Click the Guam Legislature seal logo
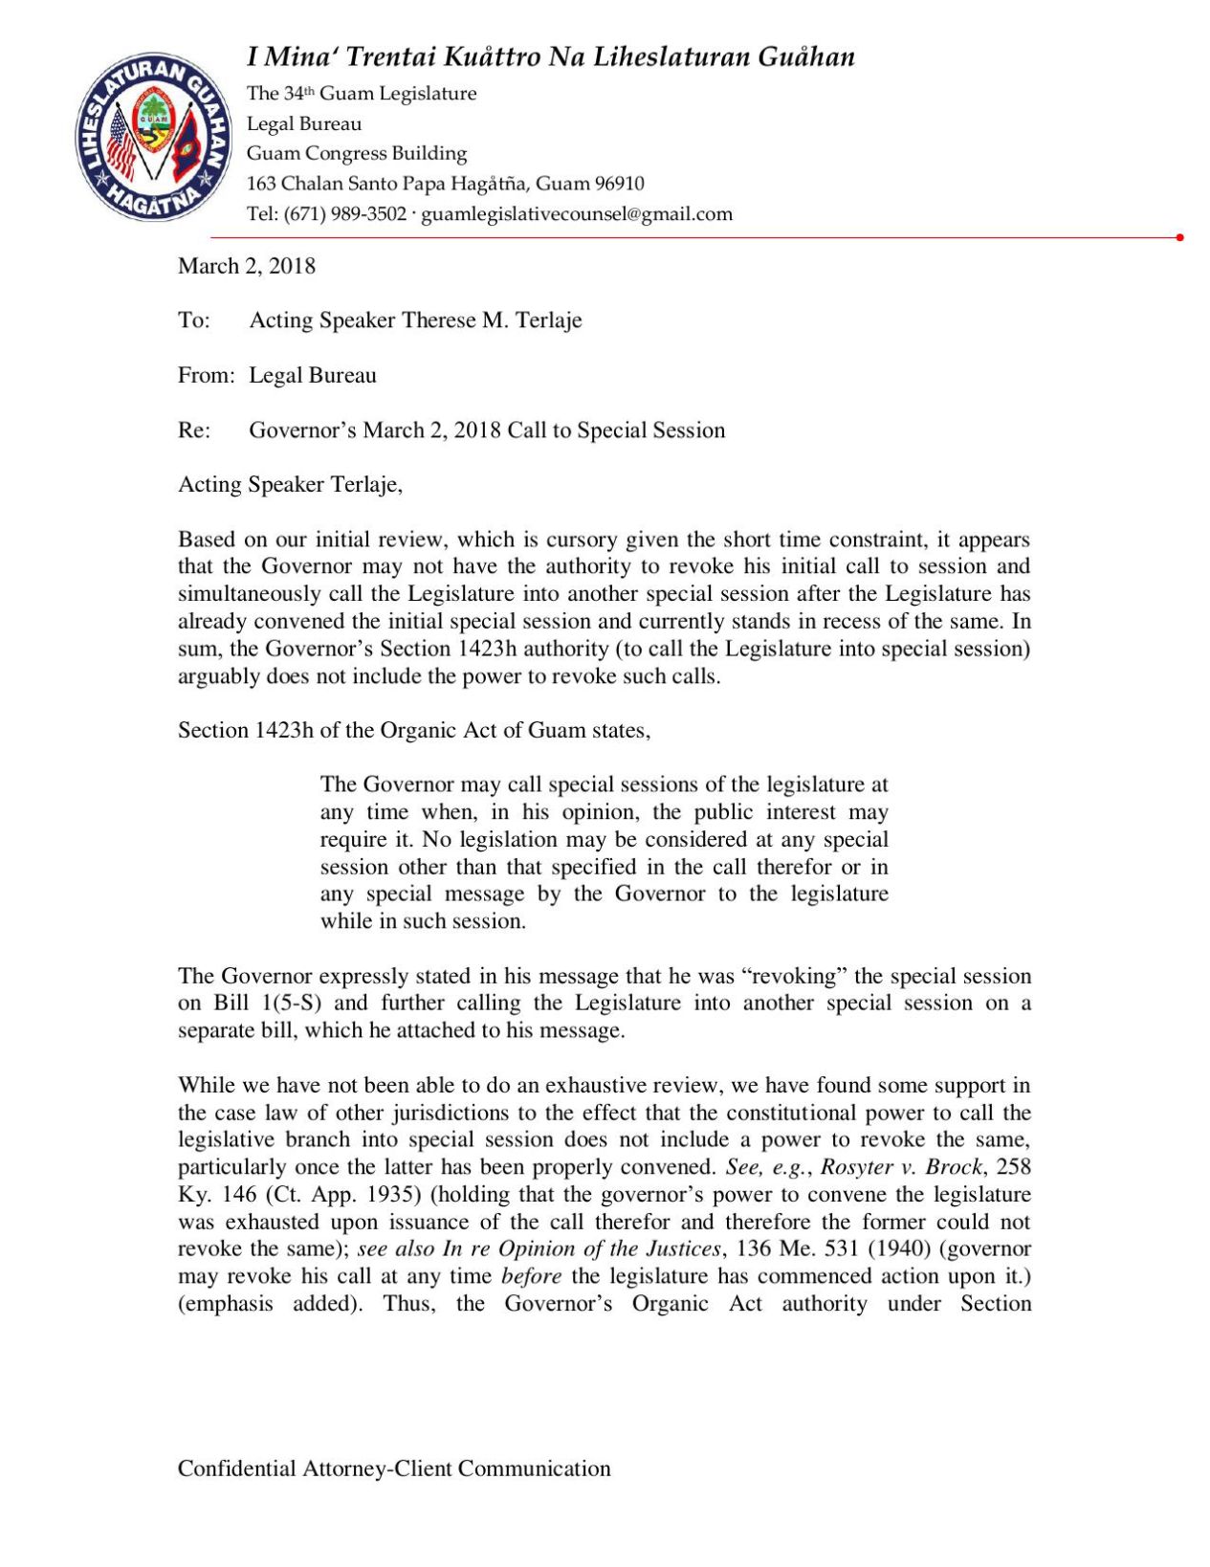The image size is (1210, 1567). tap(153, 137)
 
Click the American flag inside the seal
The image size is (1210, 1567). tap(121, 143)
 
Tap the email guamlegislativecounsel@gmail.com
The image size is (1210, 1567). tap(577, 213)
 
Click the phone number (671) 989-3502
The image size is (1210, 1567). tap(345, 213)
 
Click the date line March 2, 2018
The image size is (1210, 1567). tap(246, 266)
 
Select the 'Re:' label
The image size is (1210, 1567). tap(193, 430)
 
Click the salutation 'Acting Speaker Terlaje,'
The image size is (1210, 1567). tap(290, 485)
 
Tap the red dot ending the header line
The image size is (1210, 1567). tap(1179, 237)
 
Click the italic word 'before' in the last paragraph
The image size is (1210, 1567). tap(530, 1276)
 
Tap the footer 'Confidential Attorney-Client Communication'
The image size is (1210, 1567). tap(393, 1468)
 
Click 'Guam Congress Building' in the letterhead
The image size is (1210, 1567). tap(357, 153)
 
